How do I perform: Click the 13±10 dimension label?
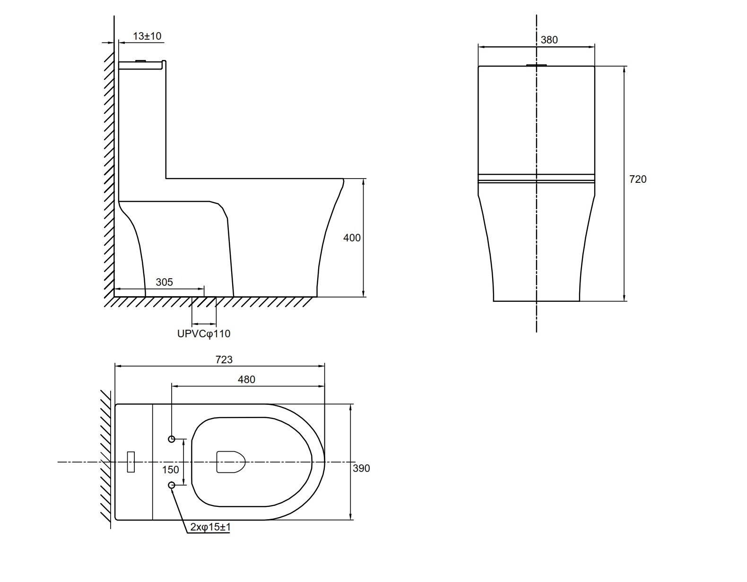(147, 36)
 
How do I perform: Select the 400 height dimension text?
(352, 238)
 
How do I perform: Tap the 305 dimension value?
(164, 282)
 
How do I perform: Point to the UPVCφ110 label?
(203, 334)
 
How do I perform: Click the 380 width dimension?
(549, 40)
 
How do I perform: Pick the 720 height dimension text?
(638, 179)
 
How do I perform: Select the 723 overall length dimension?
(224, 359)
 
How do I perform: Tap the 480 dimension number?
(246, 379)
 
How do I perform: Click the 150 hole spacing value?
(171, 470)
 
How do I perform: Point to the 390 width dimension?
(361, 468)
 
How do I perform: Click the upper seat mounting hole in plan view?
(172, 439)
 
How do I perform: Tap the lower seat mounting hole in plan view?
(172, 485)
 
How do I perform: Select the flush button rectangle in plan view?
(130, 462)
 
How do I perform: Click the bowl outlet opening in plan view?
(231, 462)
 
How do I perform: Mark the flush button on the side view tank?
(141, 61)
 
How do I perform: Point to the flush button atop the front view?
(537, 65)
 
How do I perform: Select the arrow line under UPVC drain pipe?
(204, 324)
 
